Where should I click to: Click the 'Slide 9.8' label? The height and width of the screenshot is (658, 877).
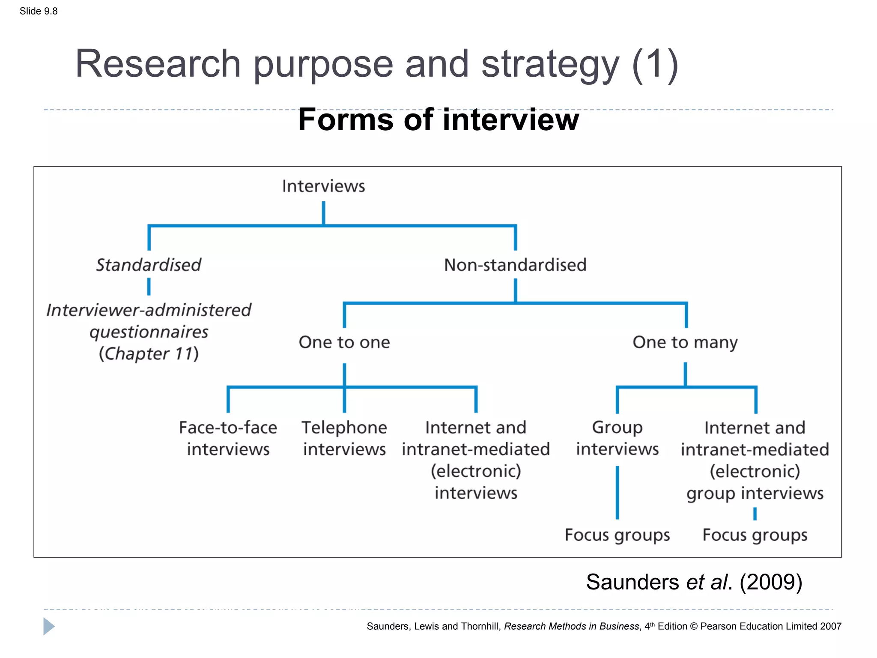click(x=39, y=11)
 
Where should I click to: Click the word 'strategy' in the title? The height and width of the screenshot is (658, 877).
click(x=550, y=64)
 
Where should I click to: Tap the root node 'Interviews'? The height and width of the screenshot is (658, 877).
click(x=323, y=186)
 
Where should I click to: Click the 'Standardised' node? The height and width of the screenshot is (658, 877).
click(x=149, y=265)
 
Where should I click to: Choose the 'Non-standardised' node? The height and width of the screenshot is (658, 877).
click(x=515, y=265)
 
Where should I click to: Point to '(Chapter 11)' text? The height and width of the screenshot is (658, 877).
click(x=149, y=354)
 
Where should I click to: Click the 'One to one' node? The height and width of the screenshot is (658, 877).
click(x=344, y=342)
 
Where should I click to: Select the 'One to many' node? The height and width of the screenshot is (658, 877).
click(x=685, y=342)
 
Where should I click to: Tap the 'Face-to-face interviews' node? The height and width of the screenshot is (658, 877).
click(x=228, y=438)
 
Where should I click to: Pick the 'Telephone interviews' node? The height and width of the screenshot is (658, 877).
click(x=344, y=438)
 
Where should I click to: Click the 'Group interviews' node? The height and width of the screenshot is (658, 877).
click(x=617, y=438)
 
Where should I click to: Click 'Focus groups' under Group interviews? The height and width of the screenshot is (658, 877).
click(x=617, y=535)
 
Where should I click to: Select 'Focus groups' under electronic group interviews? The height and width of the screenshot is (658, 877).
click(x=755, y=535)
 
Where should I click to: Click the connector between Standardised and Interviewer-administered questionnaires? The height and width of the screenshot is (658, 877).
click(x=149, y=287)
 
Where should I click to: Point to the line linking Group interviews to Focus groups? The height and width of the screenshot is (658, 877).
click(x=617, y=493)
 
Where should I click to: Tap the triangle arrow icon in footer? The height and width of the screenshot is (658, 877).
click(x=49, y=626)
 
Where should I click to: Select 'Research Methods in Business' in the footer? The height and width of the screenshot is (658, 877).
click(x=571, y=626)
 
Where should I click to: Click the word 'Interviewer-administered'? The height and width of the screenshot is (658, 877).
click(x=149, y=310)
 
